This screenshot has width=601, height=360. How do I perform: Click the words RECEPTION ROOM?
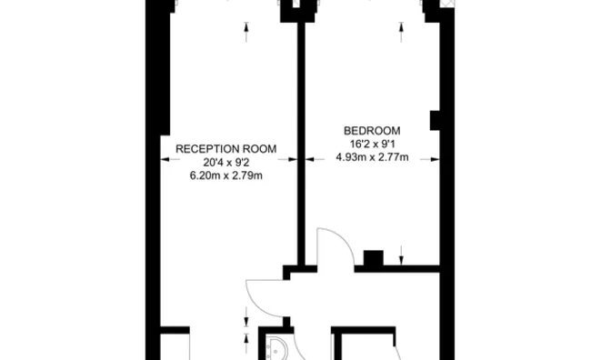(x=225, y=149)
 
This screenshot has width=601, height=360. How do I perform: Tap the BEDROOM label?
(x=372, y=131)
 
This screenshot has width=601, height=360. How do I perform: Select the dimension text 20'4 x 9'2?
(x=226, y=163)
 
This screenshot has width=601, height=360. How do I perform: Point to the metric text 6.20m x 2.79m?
(x=226, y=176)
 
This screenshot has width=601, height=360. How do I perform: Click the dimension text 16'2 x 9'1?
(x=372, y=145)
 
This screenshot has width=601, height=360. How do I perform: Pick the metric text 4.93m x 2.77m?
(x=372, y=157)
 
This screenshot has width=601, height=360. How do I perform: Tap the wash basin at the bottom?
(x=275, y=348)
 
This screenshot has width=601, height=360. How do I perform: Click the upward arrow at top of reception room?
(x=246, y=32)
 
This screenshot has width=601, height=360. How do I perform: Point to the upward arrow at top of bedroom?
(x=401, y=32)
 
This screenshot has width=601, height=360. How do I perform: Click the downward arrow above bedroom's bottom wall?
(x=401, y=255)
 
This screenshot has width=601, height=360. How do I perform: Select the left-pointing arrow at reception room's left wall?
(x=170, y=159)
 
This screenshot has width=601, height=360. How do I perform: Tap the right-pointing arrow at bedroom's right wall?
(x=430, y=159)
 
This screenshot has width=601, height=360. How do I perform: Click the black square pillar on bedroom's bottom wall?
(x=374, y=257)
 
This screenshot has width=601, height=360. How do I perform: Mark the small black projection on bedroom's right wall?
(x=435, y=120)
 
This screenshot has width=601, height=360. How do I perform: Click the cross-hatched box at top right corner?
(x=447, y=4)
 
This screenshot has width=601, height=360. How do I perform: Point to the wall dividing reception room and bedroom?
(x=301, y=144)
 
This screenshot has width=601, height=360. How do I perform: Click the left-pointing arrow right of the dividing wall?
(x=315, y=159)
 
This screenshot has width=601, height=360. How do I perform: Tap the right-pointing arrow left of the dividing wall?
(x=288, y=159)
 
